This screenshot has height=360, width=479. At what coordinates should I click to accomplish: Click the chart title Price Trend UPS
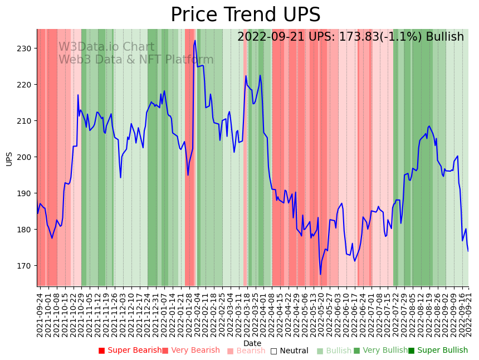(245, 15)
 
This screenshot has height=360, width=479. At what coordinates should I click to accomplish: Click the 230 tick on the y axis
(23, 48)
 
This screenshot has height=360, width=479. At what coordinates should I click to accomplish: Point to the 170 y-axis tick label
(23, 266)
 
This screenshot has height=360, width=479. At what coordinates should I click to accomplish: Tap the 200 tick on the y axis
(23, 157)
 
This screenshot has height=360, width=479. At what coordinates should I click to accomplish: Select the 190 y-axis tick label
(23, 193)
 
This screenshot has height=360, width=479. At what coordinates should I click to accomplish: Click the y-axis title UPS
(9, 158)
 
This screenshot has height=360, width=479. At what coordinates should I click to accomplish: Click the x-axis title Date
(252, 343)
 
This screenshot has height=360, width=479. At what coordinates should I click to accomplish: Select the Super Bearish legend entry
(130, 351)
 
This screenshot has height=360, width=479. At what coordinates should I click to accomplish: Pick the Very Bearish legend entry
(191, 351)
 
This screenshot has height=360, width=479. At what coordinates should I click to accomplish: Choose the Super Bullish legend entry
(438, 351)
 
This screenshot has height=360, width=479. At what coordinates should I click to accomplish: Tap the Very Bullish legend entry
(380, 351)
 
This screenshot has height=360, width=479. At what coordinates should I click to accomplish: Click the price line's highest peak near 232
(195, 41)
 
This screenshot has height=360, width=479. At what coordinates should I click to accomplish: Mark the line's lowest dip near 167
(320, 274)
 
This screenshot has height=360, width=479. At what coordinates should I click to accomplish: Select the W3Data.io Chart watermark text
(106, 47)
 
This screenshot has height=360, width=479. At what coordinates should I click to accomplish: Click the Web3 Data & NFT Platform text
(136, 60)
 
